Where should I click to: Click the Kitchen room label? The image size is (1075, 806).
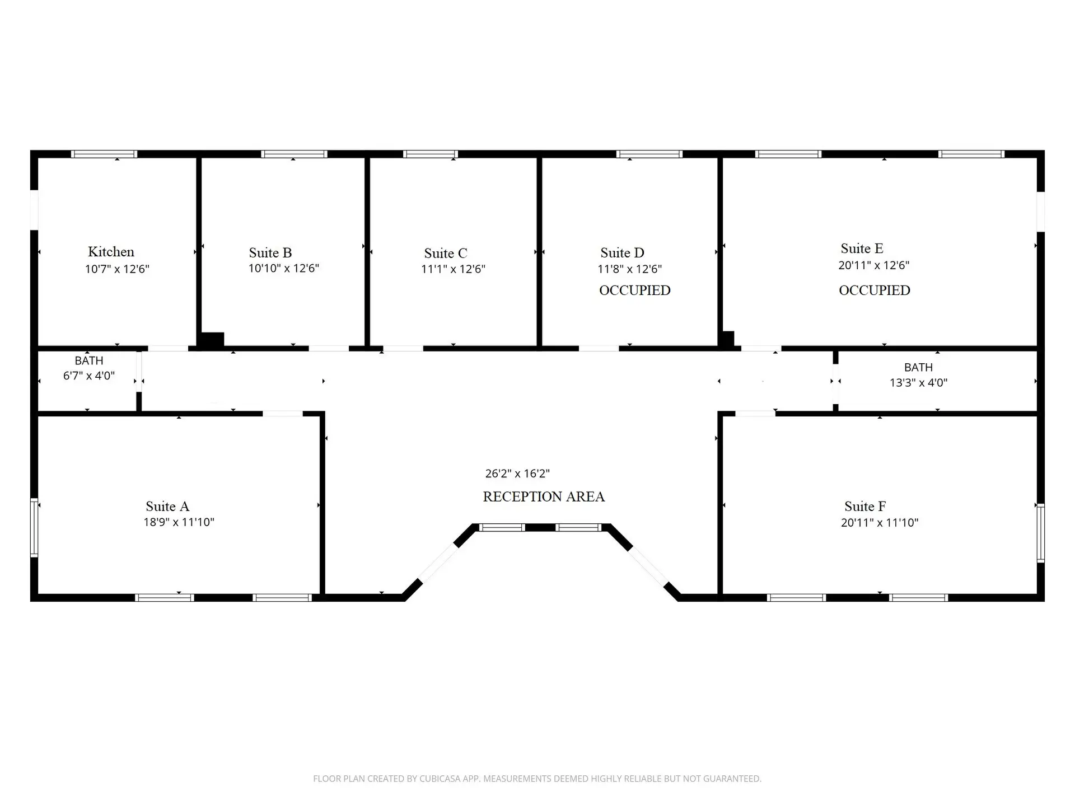[111, 252]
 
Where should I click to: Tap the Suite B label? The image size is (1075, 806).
[270, 252]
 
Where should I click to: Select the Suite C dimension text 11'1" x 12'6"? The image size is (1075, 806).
[453, 269]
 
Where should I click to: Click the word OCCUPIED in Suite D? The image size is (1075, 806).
[635, 290]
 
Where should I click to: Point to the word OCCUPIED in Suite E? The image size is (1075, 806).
[875, 290]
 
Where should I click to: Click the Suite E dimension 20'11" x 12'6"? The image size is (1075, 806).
[873, 265]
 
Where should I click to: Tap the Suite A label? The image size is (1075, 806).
[167, 506]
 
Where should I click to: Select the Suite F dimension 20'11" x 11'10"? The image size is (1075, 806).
[880, 523]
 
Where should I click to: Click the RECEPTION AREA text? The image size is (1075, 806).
[544, 496]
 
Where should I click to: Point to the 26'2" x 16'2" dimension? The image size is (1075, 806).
[517, 474]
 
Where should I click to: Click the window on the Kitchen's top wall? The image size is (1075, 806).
[104, 154]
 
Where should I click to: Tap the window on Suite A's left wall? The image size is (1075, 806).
[34, 527]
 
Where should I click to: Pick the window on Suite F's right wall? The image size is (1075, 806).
[1041, 533]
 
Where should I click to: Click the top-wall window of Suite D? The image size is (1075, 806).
[649, 154]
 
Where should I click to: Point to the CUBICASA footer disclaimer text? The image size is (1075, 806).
[537, 779]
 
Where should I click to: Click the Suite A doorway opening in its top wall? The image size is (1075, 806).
[283, 414]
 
